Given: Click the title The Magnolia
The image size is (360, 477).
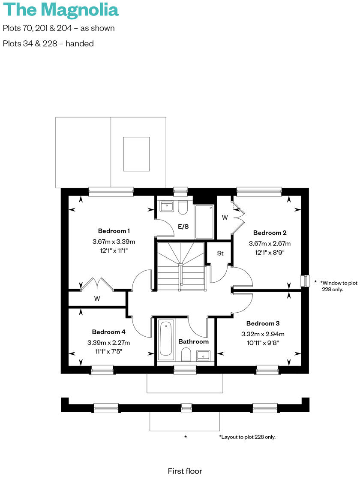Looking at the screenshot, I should click(x=60, y=9).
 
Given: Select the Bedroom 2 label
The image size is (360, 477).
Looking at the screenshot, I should click(x=270, y=233).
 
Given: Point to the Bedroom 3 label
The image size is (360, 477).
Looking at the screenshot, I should click(x=263, y=323).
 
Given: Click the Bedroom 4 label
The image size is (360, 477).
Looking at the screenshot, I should click(x=108, y=332).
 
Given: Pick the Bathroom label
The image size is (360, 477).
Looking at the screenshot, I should click(x=193, y=341).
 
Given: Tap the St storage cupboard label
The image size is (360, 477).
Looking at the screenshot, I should click(x=220, y=254).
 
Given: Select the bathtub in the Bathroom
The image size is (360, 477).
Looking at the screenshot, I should click(x=166, y=340).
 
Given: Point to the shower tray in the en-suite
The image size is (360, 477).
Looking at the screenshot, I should click(x=204, y=222).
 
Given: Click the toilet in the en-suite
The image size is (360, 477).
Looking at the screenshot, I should click(x=183, y=208).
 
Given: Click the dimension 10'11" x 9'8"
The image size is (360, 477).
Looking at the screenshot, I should click(x=263, y=342).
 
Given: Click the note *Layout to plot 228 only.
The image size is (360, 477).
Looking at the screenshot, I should click(x=247, y=437).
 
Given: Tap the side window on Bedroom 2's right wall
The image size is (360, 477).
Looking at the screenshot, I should click(x=305, y=281).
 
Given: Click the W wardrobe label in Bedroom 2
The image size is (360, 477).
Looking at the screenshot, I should click(x=225, y=217).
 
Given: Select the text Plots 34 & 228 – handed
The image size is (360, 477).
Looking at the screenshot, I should click(x=48, y=43).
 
